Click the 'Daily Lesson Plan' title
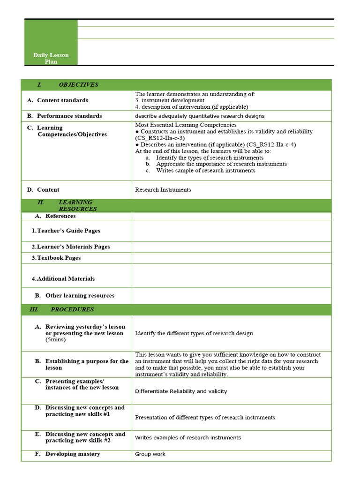[x=51, y=58]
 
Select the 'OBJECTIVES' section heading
[x=78, y=85]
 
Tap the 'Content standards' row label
[x=62, y=100]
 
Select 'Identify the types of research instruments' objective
[x=206, y=158]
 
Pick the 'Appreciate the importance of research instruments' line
[x=221, y=164]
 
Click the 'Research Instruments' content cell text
[x=163, y=190]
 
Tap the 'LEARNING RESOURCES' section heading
[x=77, y=206]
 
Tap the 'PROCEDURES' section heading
[x=72, y=309]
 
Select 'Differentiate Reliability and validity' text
[x=181, y=391]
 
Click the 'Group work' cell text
[x=150, y=454]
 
